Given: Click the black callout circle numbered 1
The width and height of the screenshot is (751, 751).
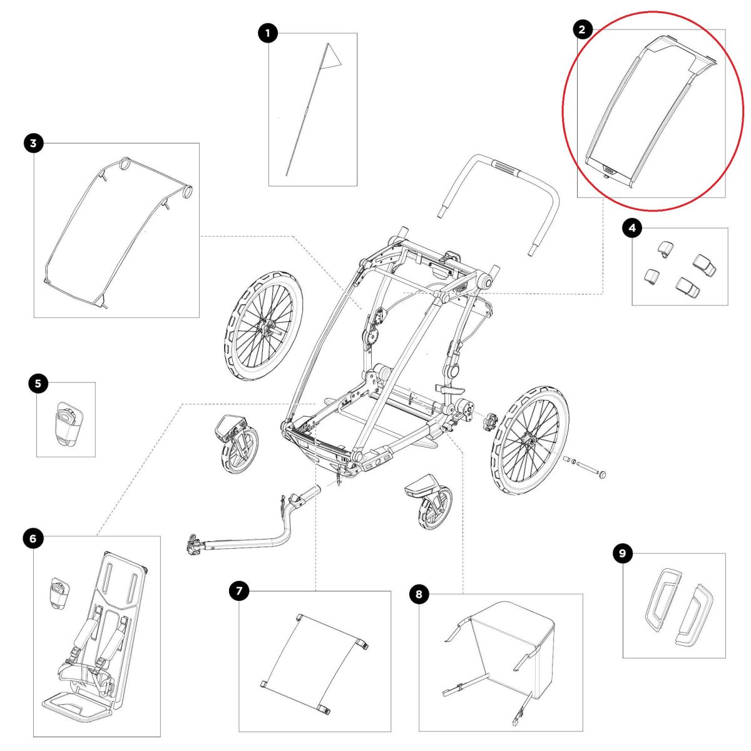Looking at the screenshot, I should (268, 33).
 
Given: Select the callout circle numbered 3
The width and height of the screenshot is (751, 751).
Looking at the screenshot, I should (33, 143).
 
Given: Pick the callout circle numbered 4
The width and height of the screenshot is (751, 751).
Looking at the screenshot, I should (631, 228).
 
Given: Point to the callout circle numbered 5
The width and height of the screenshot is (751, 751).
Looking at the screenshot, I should (38, 383).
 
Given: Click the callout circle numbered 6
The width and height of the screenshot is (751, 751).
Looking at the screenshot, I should (33, 537).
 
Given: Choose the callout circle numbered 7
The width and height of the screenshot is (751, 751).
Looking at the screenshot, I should (238, 591).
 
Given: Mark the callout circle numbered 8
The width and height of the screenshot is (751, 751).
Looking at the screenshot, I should (419, 593).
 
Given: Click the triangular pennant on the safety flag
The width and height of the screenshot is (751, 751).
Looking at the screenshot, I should (332, 56).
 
